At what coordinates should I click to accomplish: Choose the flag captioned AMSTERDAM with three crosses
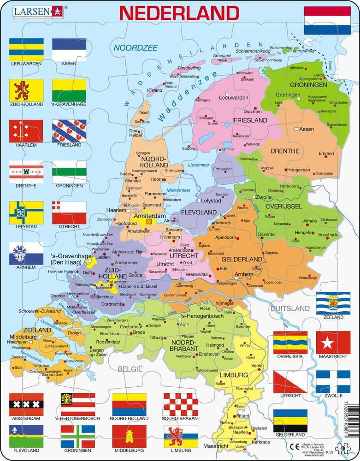[x=26, y=404]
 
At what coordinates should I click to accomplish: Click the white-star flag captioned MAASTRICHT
[x=333, y=343]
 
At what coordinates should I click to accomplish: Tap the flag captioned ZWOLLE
[x=333, y=382]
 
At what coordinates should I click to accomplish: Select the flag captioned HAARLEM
[x=26, y=131]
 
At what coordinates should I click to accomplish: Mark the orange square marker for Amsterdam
[x=148, y=222]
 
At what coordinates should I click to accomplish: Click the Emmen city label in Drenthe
[x=326, y=166]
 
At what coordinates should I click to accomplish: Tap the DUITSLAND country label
[x=290, y=308]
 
